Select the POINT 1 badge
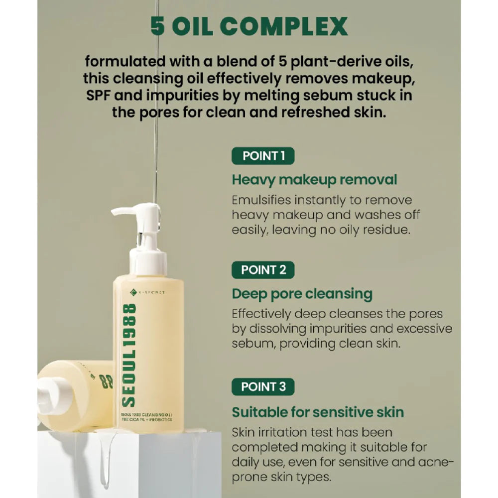(263, 156)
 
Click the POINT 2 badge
(263, 270)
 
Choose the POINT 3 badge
(263, 387)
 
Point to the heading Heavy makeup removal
(314, 179)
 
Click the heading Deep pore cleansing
(302, 294)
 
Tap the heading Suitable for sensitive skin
(318, 412)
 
